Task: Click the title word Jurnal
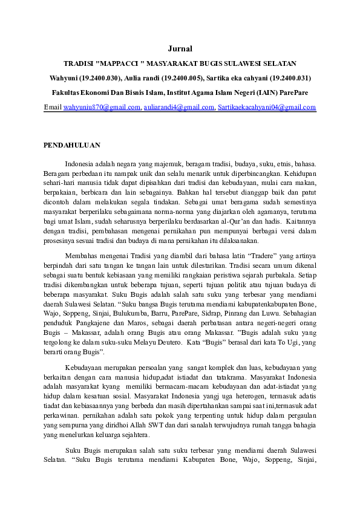(180, 48)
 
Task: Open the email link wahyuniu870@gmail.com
(102, 108)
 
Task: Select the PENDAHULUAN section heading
(72, 145)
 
